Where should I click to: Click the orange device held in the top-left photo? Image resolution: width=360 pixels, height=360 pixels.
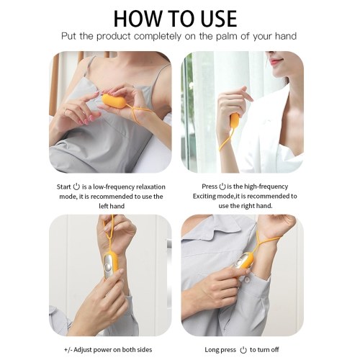[114, 101]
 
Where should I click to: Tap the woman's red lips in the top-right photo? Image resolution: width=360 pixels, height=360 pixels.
[276, 61]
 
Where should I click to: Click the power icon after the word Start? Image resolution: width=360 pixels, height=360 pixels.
[76, 186]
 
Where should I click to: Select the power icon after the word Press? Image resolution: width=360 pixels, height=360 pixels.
[222, 186]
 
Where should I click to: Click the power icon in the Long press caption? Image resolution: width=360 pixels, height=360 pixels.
[243, 350]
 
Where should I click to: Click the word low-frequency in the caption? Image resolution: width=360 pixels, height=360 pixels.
[114, 186]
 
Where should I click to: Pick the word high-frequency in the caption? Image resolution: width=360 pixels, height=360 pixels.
[266, 186]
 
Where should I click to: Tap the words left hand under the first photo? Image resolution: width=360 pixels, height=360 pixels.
[112, 206]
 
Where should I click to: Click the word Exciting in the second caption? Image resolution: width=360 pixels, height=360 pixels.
[204, 196]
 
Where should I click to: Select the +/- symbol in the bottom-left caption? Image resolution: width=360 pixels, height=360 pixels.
[68, 350]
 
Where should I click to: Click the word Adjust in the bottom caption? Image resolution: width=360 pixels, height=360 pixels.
[83, 350]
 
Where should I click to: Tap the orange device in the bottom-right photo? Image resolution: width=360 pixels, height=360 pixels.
[245, 262]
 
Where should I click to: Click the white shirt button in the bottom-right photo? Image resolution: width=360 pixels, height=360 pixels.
[247, 280]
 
